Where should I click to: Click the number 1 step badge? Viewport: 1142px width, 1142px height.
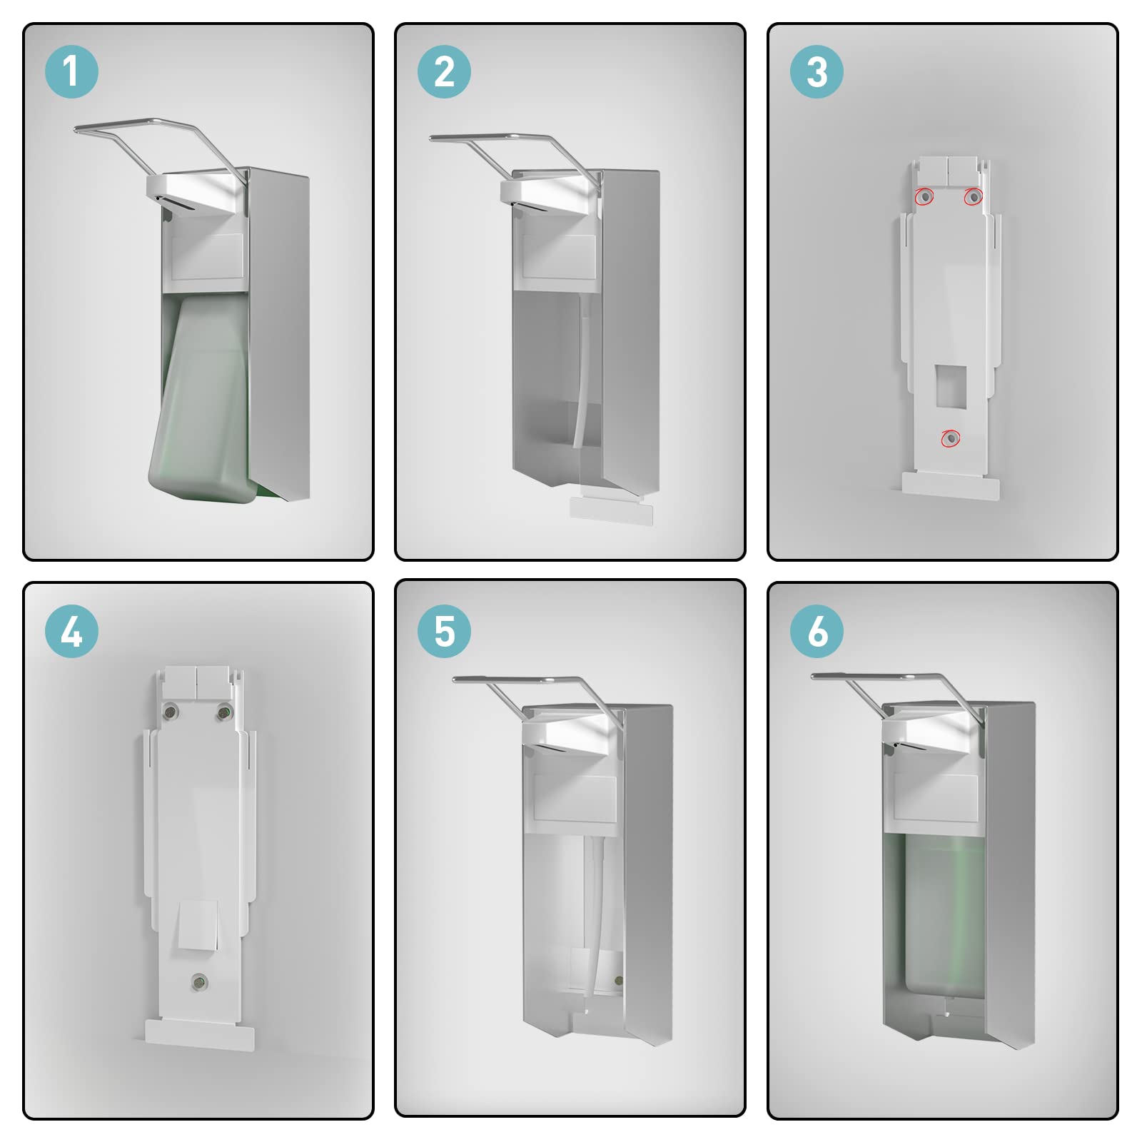click(x=71, y=71)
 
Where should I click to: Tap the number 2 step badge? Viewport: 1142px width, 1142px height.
click(x=444, y=71)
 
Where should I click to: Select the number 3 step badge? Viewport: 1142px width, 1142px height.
click(x=817, y=71)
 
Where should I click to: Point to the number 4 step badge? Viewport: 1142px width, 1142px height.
click(x=71, y=631)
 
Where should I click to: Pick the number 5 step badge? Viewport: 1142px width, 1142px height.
click(x=444, y=631)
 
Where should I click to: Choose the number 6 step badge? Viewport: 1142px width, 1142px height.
click(x=817, y=631)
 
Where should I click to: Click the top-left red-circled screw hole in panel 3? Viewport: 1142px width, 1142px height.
click(x=925, y=196)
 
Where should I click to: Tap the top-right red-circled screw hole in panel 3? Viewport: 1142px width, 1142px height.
click(x=974, y=196)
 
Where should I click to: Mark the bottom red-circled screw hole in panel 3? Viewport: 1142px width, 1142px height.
click(x=950, y=438)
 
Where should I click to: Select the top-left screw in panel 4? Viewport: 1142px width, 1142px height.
click(x=171, y=711)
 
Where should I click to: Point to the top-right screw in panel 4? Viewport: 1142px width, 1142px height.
click(x=224, y=711)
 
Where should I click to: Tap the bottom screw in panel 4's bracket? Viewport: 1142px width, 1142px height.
click(x=200, y=983)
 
